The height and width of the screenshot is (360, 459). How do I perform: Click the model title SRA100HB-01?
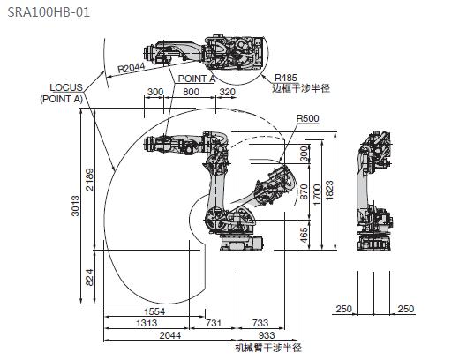coord(49,12)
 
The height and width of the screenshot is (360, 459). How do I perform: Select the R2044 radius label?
coord(132,68)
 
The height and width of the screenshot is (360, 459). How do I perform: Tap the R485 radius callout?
coord(286,78)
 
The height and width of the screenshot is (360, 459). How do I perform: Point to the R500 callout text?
coord(307,118)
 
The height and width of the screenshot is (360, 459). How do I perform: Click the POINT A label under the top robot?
coord(197,79)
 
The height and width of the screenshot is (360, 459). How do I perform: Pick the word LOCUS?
coord(66,87)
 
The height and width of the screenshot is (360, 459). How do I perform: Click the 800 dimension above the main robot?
coord(191,92)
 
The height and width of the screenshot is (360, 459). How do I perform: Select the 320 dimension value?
coord(228,92)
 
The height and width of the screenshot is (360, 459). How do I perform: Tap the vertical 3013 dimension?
coord(76,206)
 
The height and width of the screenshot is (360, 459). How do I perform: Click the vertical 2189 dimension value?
coord(89,179)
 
